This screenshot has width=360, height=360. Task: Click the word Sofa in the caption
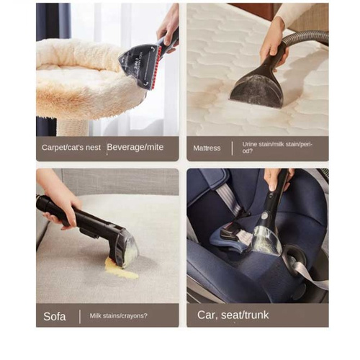coord(55,316)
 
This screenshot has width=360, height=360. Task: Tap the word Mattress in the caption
coord(207,148)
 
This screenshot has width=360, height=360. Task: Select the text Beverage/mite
coord(135,147)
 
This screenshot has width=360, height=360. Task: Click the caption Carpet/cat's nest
coord(71,148)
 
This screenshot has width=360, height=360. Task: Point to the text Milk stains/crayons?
coord(119,315)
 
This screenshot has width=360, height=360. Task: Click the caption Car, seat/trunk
coord(233,315)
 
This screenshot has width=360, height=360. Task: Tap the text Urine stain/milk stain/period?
coord(277,148)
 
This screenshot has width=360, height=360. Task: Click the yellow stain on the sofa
coord(121,269)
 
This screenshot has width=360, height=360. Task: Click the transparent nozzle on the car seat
coord(267,240)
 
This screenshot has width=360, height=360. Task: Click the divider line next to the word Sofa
coord(80,317)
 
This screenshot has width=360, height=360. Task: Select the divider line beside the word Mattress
coord(232,148)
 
